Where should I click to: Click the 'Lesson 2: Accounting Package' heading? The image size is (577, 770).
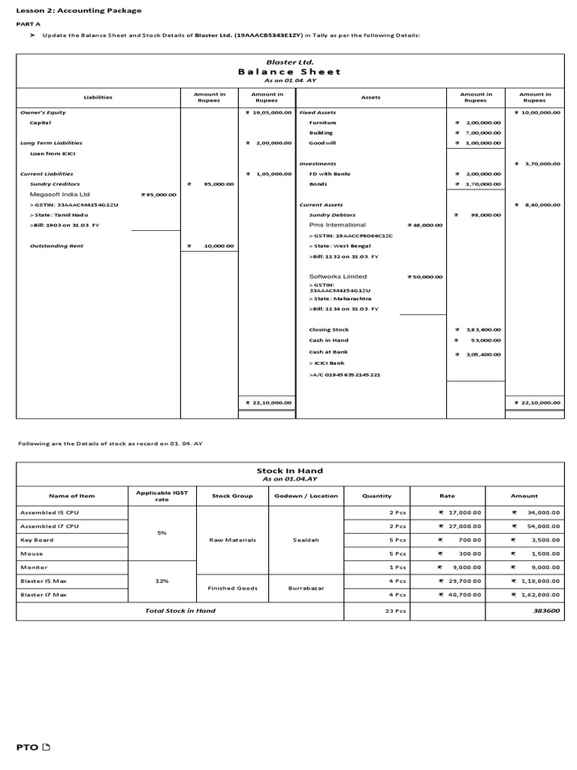[x=79, y=11]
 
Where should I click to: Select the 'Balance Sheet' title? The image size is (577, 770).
[x=289, y=71]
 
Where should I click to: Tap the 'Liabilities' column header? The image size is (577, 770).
[x=98, y=97]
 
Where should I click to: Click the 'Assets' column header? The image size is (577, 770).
[x=371, y=97]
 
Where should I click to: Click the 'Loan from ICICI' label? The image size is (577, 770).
[x=53, y=153]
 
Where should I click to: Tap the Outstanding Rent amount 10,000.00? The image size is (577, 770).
[x=214, y=245]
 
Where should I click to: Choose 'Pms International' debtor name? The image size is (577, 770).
[x=337, y=225]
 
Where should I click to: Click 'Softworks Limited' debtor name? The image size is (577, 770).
[x=338, y=277]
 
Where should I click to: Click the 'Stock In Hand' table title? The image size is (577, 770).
[x=289, y=471]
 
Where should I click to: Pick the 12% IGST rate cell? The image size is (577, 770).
[x=162, y=581]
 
